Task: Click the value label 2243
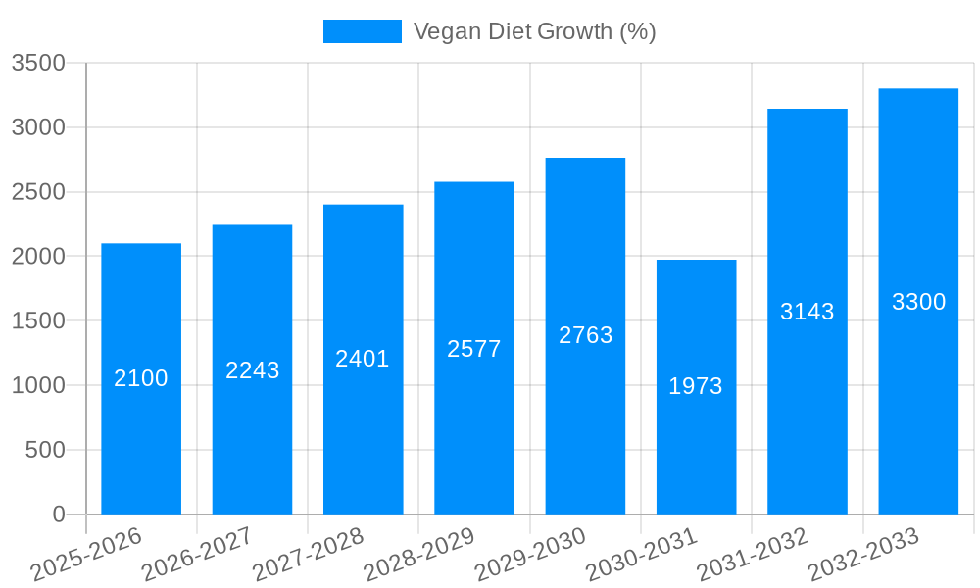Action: click(253, 370)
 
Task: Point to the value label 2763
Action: click(585, 335)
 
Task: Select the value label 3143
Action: click(807, 312)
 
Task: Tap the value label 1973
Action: click(696, 386)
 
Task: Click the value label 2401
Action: click(363, 359)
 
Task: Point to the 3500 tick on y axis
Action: click(38, 63)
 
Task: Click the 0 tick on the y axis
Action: click(58, 514)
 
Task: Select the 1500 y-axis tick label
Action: click(38, 321)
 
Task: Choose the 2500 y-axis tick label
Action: click(38, 192)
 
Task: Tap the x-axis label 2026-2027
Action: click(197, 555)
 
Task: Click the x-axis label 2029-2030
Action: click(530, 555)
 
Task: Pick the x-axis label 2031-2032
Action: click(752, 555)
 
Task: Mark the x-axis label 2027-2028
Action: click(308, 555)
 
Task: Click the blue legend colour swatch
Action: click(362, 31)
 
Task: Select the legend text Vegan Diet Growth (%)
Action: click(534, 31)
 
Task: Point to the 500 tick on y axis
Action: click(44, 450)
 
